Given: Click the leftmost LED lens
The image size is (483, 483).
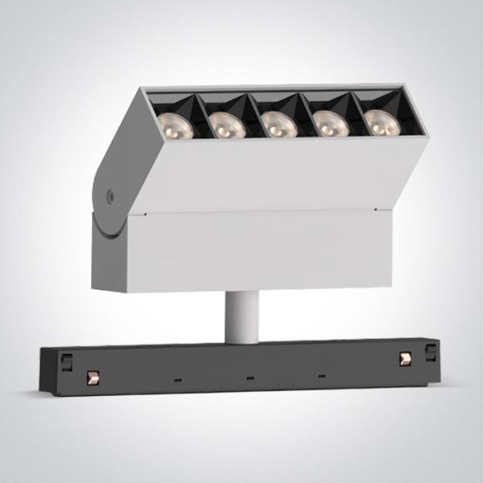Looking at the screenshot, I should [x=171, y=125].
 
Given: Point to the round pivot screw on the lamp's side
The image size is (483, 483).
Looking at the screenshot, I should [x=110, y=194].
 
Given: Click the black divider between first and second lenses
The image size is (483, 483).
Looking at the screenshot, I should [x=197, y=121].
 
